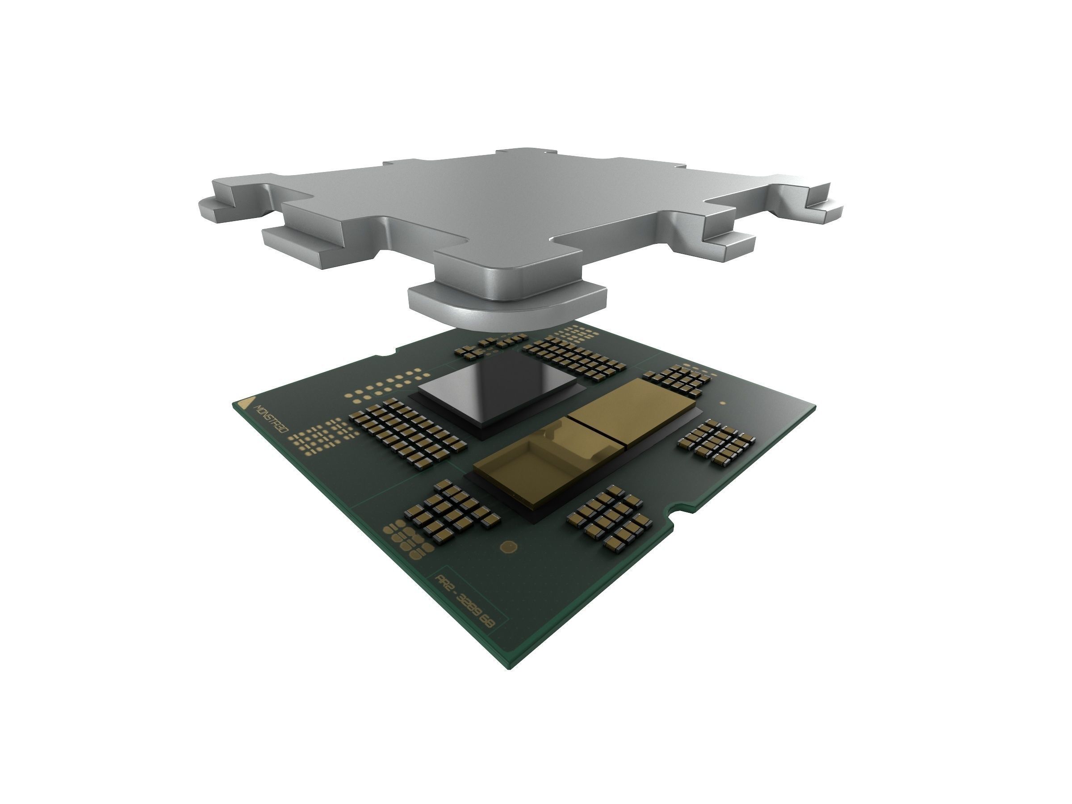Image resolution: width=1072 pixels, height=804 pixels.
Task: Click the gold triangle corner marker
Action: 248,404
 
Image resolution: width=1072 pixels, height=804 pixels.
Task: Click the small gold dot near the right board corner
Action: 723,403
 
